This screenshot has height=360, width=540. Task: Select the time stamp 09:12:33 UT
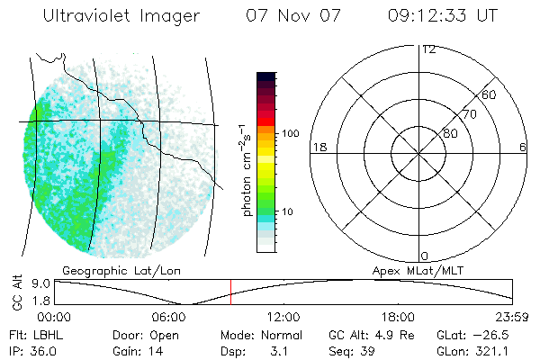pos(443,16)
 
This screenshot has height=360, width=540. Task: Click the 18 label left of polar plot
pos(318,147)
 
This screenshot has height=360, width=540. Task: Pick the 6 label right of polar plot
pos(523,147)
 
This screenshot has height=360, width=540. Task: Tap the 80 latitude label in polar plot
pos(449,133)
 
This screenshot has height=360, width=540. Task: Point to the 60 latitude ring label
pos(490,94)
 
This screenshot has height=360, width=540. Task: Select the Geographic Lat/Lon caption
pos(111,270)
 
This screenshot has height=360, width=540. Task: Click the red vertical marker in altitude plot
pos(231,292)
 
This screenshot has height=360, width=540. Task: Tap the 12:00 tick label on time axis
pos(284,317)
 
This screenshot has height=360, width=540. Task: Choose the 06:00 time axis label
pos(170,317)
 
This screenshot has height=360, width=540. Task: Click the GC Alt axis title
pos(17,292)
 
